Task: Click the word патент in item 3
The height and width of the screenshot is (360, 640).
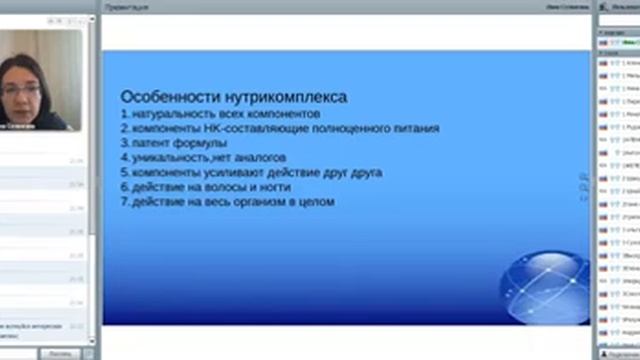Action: pyautogui.click(x=146, y=143)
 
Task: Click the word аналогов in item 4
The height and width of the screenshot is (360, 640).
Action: pyautogui.click(x=259, y=158)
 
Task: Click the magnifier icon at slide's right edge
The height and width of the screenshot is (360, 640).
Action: pyautogui.click(x=584, y=177)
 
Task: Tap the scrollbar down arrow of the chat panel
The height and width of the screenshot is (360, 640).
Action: pyautogui.click(x=93, y=341)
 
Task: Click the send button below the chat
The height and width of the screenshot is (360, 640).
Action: pyautogui.click(x=60, y=353)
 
